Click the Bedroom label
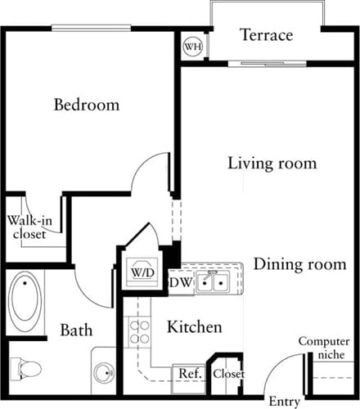tap(87, 106)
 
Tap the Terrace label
tap(266, 35)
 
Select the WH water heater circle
tap(193, 47)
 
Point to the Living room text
tap(272, 164)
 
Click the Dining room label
tap(306, 265)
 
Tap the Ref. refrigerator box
tap(190, 374)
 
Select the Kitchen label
tap(195, 328)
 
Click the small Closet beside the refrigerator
tap(228, 374)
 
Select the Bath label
tap(76, 331)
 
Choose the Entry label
tap(285, 402)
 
